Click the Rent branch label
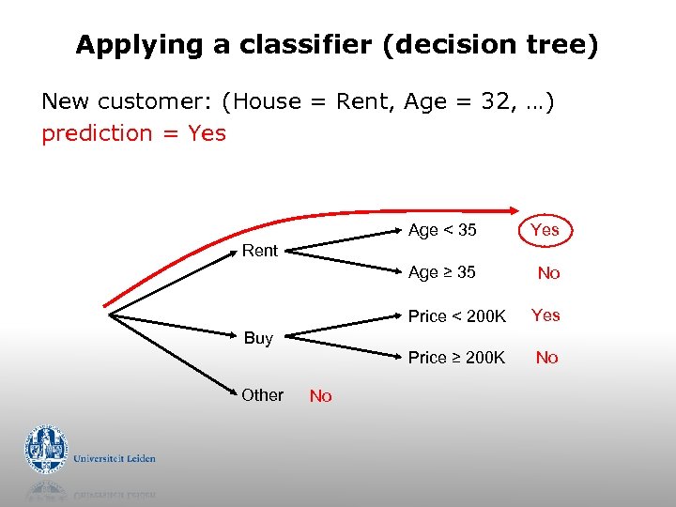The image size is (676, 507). [260, 251]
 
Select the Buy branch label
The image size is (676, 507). [258, 338]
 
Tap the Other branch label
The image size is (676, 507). [262, 395]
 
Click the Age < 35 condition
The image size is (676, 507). [442, 230]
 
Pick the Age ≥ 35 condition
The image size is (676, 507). [442, 272]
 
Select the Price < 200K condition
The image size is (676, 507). [456, 316]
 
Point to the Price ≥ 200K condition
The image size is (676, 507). [456, 358]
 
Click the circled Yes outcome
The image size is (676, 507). [545, 230]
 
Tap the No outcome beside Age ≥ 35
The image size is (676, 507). [548, 273]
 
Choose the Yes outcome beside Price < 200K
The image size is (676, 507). [545, 315]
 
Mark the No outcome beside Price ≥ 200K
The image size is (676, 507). [546, 358]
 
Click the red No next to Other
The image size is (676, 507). [321, 396]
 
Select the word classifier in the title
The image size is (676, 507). [306, 45]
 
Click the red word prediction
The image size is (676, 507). [97, 133]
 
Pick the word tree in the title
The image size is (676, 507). [555, 45]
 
